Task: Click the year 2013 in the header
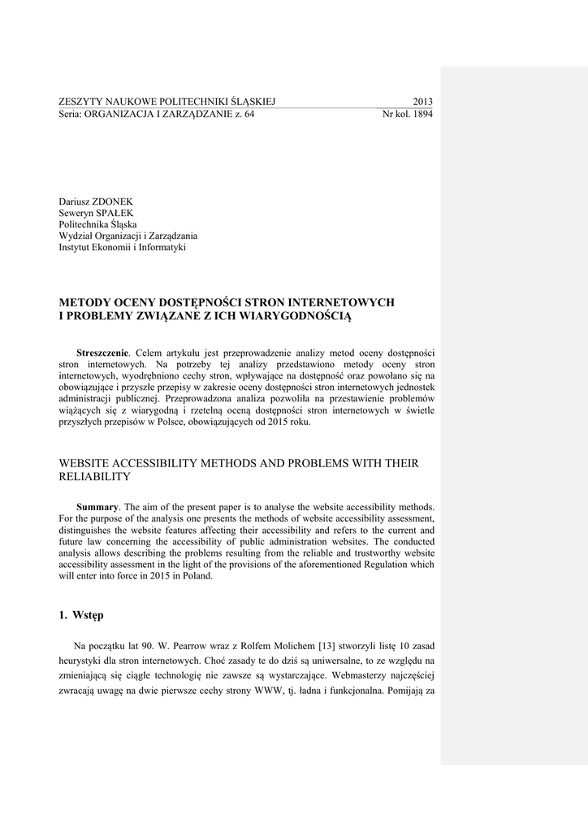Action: (422, 102)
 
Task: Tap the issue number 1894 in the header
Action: (422, 115)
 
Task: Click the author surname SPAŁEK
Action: (107, 212)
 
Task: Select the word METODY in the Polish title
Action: (83, 302)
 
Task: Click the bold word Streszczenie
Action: (102, 353)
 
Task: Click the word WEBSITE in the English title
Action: (86, 463)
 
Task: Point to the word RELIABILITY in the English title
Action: (95, 476)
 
